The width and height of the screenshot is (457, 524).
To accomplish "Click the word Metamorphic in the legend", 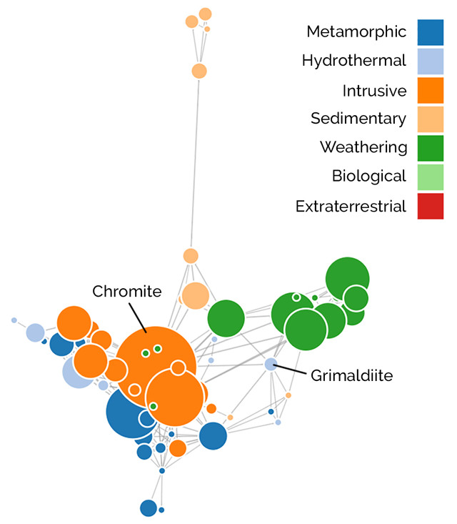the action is [x=356, y=32].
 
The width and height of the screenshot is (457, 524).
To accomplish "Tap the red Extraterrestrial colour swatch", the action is [x=431, y=206].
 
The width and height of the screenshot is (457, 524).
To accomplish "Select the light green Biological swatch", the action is [x=431, y=177].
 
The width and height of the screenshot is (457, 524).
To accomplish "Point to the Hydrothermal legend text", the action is [x=354, y=61].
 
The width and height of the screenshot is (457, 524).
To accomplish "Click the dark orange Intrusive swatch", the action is [x=431, y=90].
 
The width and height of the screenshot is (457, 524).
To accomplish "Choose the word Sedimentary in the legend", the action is [x=358, y=119].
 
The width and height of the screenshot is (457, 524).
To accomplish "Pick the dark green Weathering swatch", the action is [x=431, y=148].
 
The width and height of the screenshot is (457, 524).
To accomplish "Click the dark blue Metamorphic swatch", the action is [x=431, y=32].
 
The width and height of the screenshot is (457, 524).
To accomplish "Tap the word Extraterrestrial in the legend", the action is [x=351, y=206].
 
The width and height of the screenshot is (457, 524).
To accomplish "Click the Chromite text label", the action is [x=127, y=292].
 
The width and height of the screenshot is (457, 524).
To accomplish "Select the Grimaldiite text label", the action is [x=351, y=375].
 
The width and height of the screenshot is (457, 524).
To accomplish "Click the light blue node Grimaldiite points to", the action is [x=271, y=365].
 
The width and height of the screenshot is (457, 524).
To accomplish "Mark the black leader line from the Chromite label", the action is [x=138, y=318].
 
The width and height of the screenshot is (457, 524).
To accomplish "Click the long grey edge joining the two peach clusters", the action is [x=195, y=164].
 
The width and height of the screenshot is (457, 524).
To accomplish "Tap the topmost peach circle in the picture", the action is [x=206, y=14].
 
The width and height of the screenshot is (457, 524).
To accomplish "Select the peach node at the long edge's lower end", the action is [x=191, y=256].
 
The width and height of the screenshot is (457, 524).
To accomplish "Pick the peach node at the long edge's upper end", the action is [x=199, y=71].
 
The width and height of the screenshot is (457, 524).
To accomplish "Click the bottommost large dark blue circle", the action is [x=149, y=508].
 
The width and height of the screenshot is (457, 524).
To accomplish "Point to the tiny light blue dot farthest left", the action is [x=14, y=320].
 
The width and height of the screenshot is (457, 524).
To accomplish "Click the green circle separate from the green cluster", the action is [x=226, y=319].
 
